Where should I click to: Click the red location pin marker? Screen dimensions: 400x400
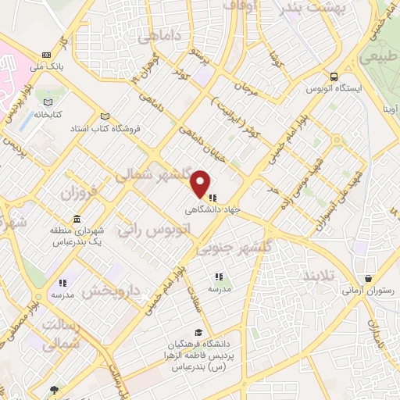pos(201,183)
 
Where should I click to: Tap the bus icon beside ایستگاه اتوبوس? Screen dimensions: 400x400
pos(334,77)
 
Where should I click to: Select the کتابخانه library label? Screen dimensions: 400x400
pos(47,114)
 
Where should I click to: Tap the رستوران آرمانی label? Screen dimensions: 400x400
pos(368,290)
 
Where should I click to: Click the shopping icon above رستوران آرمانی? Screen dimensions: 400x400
pos(368,277)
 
